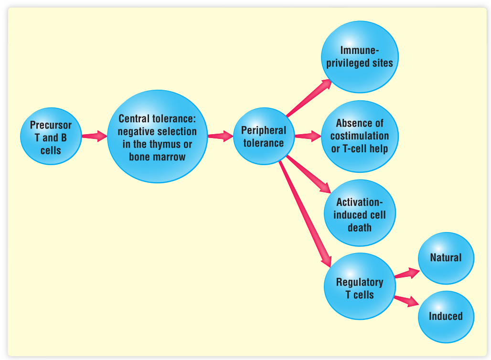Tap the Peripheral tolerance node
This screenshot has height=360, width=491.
click(x=263, y=137)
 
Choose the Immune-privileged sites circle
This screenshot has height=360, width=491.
click(x=359, y=57)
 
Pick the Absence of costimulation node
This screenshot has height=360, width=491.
click(x=359, y=136)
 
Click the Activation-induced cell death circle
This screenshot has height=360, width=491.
click(x=359, y=214)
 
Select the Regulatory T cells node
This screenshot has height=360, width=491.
click(x=359, y=288)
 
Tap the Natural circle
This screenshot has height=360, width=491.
click(x=446, y=258)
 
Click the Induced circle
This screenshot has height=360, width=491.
click(x=446, y=317)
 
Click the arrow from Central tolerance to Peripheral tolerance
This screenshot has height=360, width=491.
click(x=220, y=136)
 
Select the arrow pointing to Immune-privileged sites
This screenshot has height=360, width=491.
click(x=309, y=97)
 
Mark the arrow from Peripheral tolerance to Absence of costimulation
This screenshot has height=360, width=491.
click(x=308, y=136)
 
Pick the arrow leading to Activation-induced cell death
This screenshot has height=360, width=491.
click(x=309, y=174)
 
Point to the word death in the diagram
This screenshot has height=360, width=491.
click(x=359, y=227)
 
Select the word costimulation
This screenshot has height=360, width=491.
click(x=359, y=136)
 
